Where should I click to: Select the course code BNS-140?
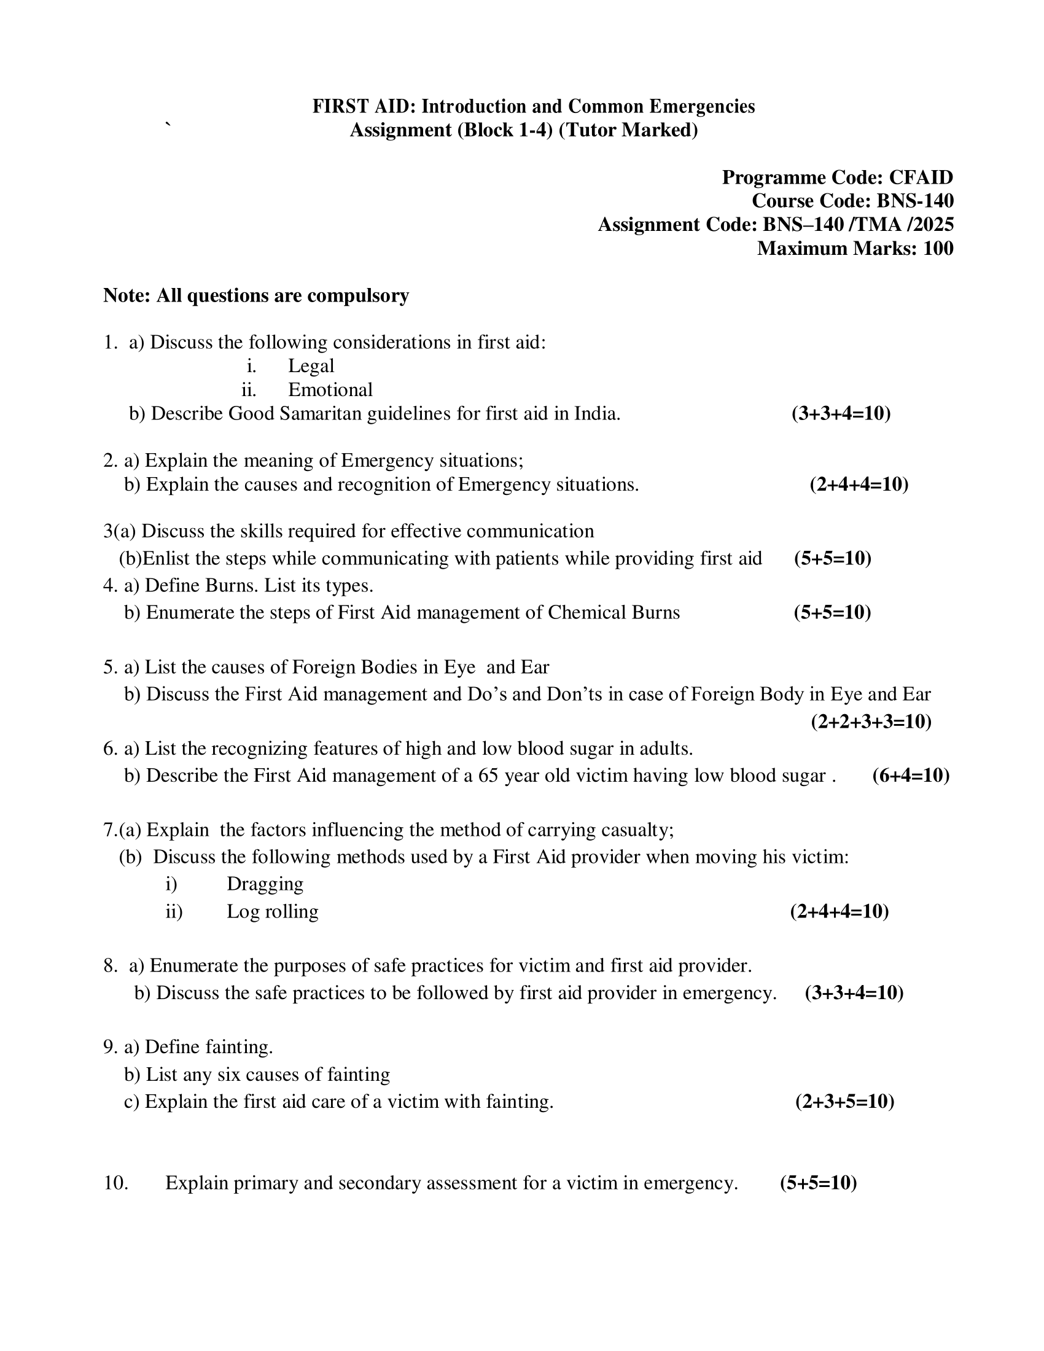point(915,201)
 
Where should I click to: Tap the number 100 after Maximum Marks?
point(938,248)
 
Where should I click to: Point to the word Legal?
point(311,365)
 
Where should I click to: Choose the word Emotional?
point(330,390)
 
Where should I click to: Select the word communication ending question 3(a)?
point(530,531)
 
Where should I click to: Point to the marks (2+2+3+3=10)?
point(871,722)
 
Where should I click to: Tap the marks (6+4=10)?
point(910,776)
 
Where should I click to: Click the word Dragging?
point(265,884)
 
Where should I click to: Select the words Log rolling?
point(272,911)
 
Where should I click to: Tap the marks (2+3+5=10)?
point(844,1102)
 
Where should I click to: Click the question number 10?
point(115,1183)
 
